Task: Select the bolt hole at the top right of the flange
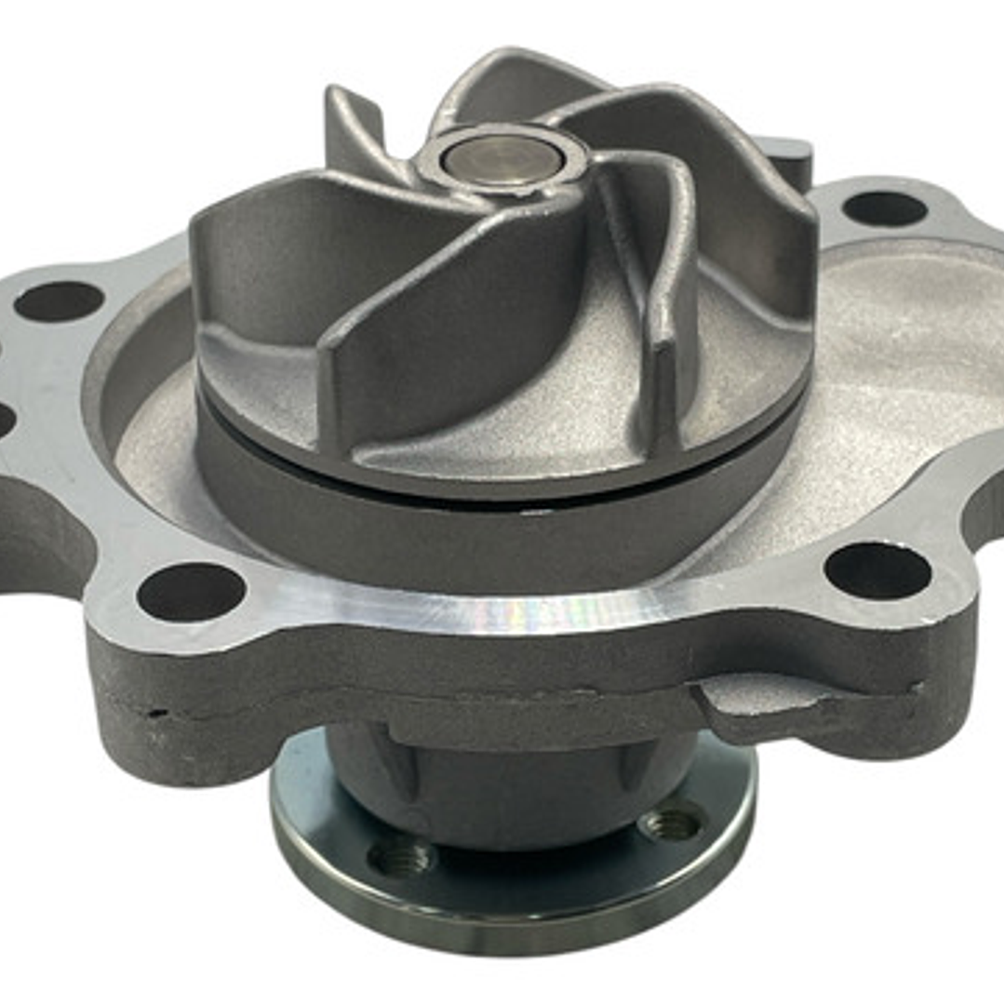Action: (883, 208)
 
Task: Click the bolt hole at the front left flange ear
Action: (191, 592)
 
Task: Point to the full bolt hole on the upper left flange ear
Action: (59, 301)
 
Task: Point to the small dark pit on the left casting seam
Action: (153, 714)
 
